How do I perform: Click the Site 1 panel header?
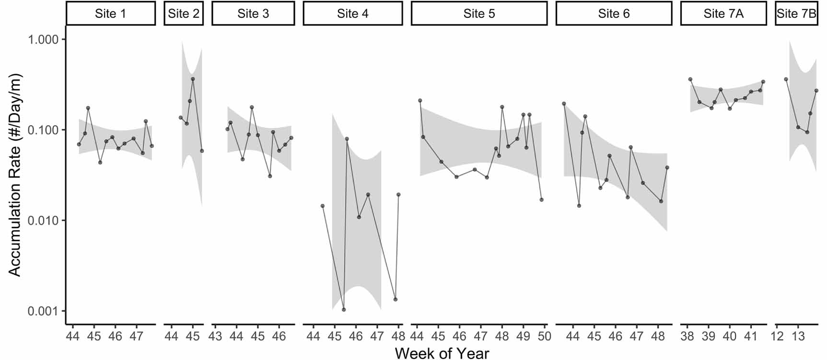point(111,13)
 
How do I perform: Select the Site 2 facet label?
point(184,13)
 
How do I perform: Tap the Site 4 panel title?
point(352,13)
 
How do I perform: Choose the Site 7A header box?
point(723,13)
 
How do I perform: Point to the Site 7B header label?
point(796,13)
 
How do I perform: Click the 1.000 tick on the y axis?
point(43,39)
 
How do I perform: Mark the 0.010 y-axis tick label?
point(43,221)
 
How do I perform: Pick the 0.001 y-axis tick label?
point(43,311)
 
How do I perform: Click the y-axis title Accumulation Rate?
point(15,175)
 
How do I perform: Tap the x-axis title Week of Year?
point(442,353)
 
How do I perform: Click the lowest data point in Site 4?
point(344,310)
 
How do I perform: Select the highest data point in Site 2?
point(193,79)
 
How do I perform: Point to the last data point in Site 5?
point(541,199)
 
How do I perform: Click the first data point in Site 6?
point(564,104)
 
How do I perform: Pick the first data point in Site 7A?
point(690,79)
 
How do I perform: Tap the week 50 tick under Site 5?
point(544,336)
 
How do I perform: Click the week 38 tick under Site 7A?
point(687,336)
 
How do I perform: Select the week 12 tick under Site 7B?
point(777,336)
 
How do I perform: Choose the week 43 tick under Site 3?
point(215,336)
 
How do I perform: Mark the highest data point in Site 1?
point(88,108)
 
